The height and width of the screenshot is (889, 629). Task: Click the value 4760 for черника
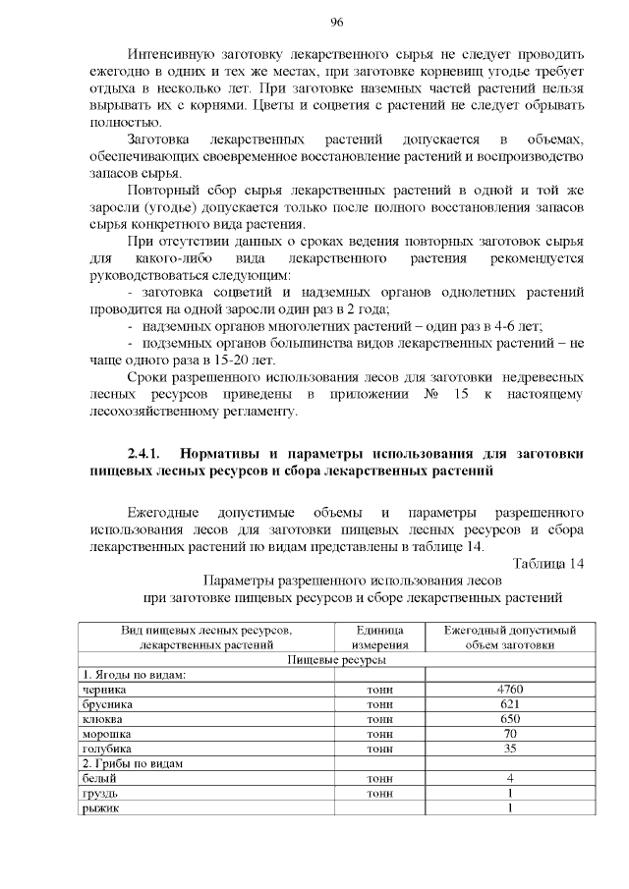point(509,690)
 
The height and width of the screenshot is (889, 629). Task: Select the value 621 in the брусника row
point(509,704)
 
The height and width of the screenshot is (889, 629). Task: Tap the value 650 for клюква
point(509,719)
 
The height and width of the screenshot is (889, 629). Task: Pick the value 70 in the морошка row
point(509,734)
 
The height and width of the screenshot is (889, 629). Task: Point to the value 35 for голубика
point(509,749)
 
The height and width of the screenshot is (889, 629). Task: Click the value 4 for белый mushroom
point(509,778)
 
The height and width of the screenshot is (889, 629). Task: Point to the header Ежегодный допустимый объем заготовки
point(509,638)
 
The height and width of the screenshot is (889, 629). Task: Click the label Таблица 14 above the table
point(548,564)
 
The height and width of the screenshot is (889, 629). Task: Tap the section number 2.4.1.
point(146,453)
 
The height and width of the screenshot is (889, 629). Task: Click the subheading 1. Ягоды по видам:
point(134,675)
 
